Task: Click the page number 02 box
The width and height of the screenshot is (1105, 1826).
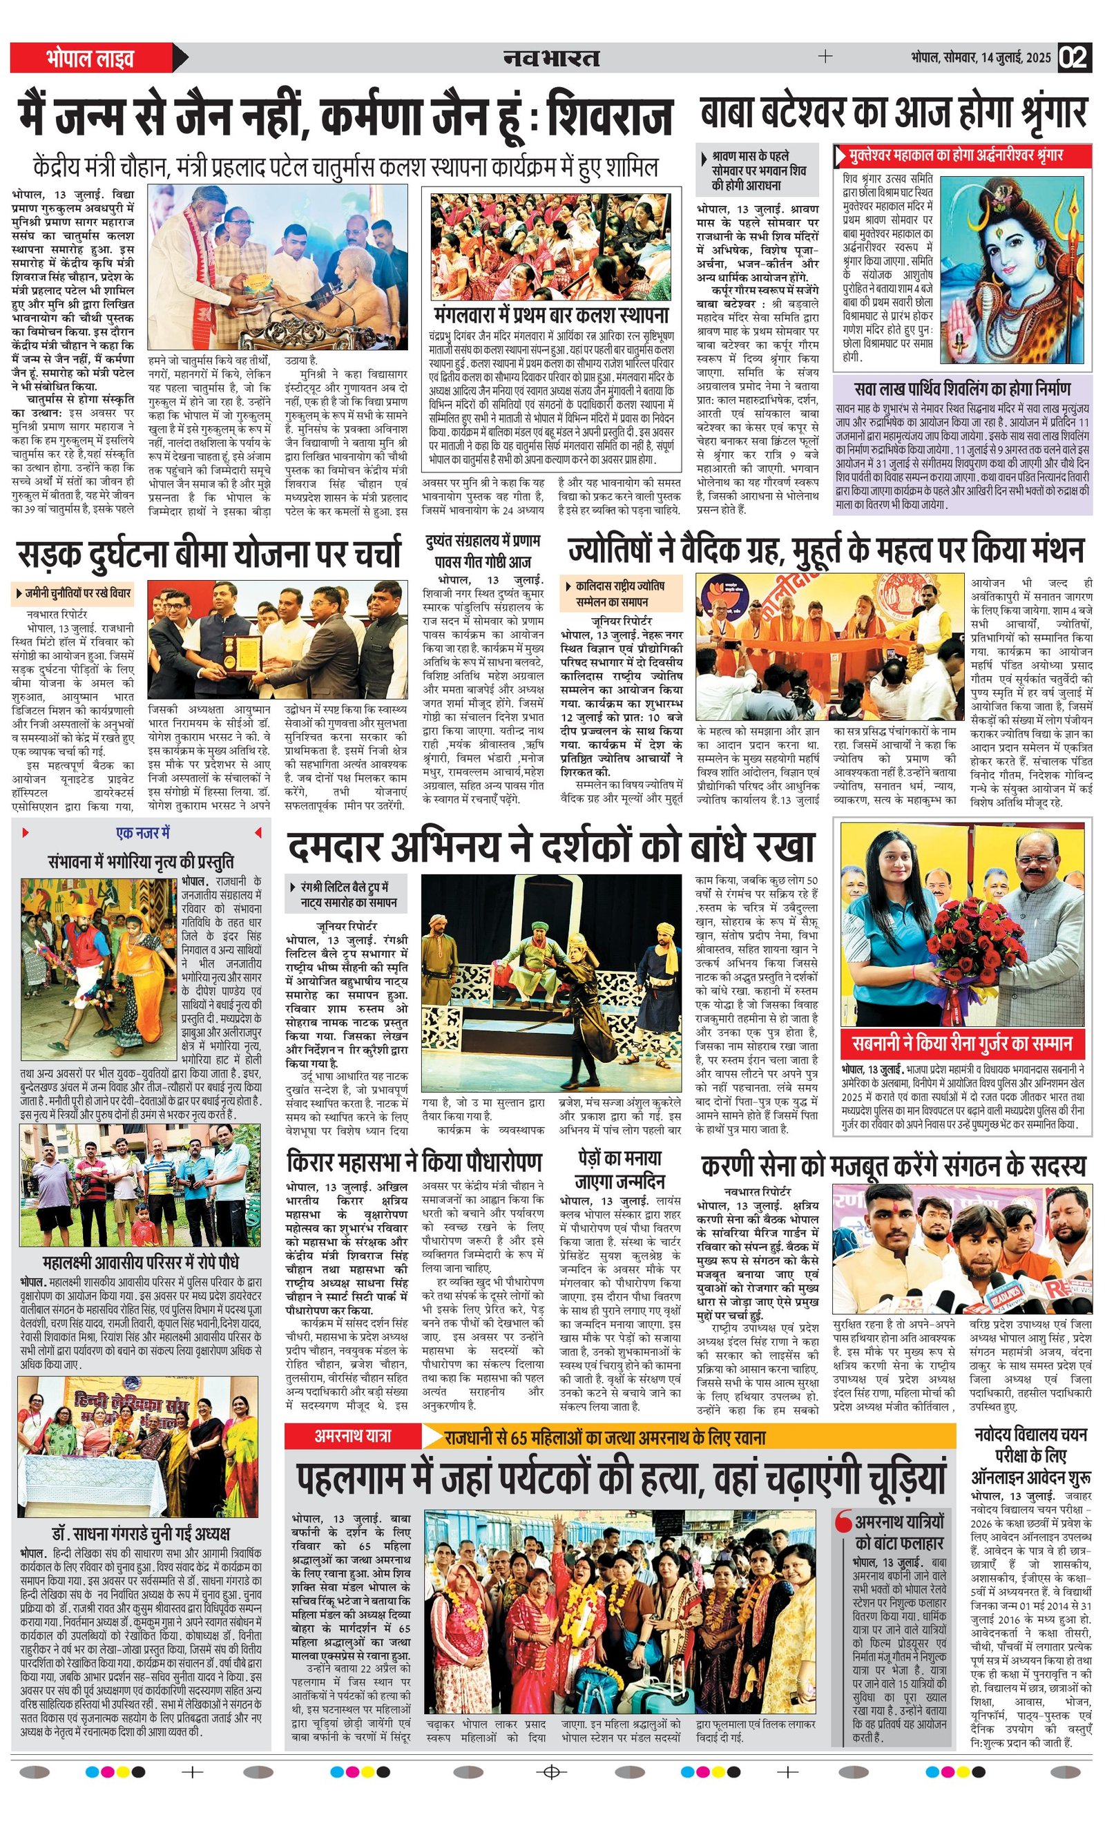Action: (1075, 58)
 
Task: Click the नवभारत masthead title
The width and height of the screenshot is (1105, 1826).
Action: (551, 58)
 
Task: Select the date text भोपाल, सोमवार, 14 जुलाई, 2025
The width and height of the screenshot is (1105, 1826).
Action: (981, 58)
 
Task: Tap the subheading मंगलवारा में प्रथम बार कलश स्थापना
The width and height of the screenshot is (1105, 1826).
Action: (551, 314)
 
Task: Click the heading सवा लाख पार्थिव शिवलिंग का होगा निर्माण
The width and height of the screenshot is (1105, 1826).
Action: (962, 388)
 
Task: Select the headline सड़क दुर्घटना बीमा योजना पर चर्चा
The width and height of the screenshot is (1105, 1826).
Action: (209, 555)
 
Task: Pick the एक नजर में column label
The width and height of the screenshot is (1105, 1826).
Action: (142, 833)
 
